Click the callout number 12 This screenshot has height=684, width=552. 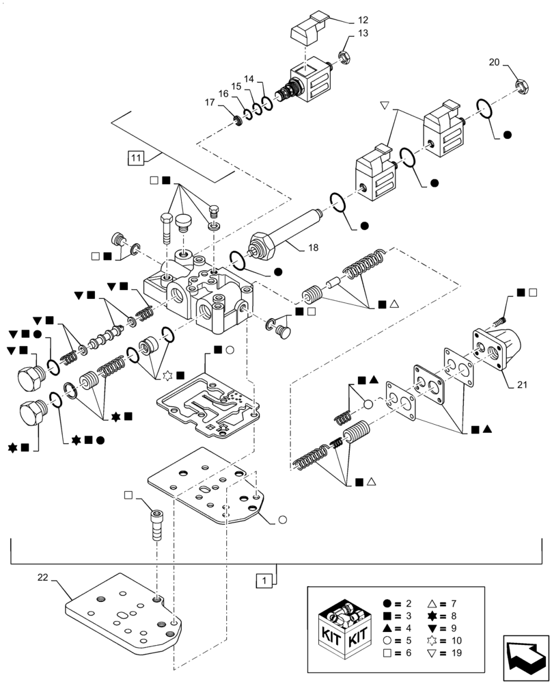pos(363,20)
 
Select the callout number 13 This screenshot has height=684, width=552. pos(363,34)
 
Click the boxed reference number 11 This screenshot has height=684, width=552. pos(135,159)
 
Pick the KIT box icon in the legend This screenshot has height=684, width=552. pos(345,628)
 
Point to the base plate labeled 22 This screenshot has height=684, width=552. pos(123,609)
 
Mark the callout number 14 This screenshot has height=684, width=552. pos(249,79)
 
